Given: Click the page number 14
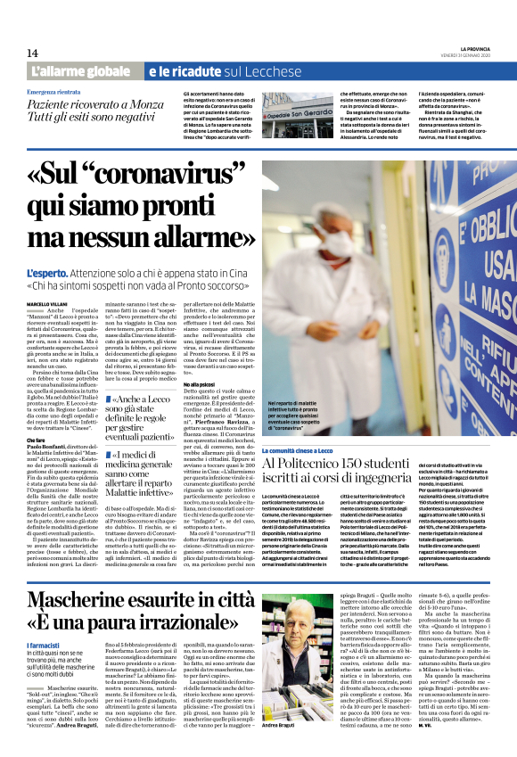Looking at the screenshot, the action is [x=32, y=53].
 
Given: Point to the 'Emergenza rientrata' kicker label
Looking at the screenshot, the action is [x=57, y=92].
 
